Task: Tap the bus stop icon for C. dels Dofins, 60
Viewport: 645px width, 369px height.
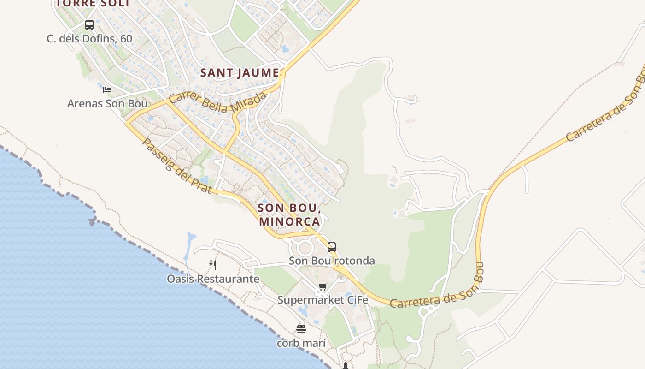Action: tap(89, 25)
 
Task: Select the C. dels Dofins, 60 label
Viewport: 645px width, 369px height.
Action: tap(89, 39)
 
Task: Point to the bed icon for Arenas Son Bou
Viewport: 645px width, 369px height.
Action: tap(107, 90)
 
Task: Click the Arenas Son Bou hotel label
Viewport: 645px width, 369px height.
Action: tap(107, 103)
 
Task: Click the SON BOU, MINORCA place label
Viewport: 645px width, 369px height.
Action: tap(289, 214)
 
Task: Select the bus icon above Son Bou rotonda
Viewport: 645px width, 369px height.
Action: tap(332, 247)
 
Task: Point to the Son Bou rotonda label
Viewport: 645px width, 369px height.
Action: tap(332, 261)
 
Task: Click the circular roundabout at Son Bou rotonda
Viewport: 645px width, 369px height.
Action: tap(305, 249)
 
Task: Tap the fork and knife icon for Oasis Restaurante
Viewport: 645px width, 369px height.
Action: tap(213, 265)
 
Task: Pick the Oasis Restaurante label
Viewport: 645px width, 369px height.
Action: tap(213, 279)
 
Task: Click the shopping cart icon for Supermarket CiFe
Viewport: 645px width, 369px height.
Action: tap(322, 287)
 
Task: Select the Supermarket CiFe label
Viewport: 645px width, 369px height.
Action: tap(322, 300)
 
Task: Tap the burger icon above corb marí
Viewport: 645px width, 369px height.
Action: tap(301, 329)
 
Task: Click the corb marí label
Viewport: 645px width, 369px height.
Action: tap(301, 344)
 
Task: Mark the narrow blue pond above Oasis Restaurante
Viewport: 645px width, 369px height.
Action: tap(189, 244)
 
